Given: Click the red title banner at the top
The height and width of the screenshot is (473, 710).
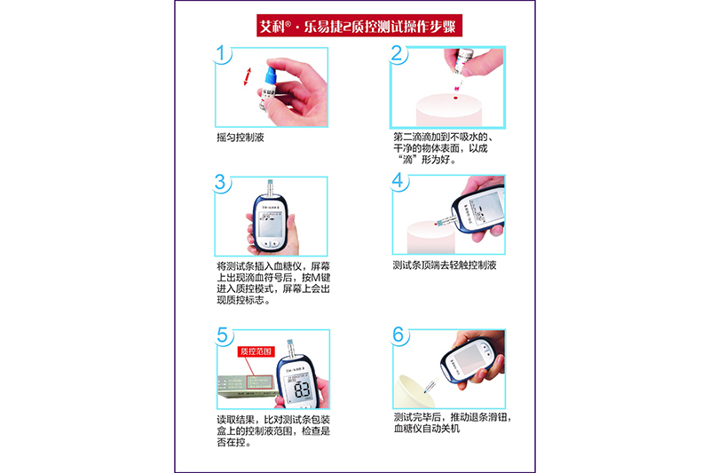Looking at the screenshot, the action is [x=359, y=26].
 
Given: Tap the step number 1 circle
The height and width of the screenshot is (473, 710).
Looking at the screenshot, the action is [x=221, y=54].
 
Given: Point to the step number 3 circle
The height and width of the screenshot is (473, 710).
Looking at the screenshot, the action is [x=220, y=183].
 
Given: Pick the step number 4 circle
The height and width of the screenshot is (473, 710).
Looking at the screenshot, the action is [x=398, y=181].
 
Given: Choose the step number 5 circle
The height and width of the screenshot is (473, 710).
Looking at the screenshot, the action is [x=224, y=335].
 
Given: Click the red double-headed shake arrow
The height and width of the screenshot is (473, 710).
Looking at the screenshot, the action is [x=247, y=76].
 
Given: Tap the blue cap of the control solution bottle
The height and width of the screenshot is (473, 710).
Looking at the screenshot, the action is [x=271, y=75].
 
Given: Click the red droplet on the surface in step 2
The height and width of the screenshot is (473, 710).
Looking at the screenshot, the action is [x=455, y=98].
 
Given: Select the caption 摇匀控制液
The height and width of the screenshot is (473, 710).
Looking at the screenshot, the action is [x=240, y=138].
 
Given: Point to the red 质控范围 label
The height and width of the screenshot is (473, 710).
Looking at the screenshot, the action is [x=256, y=351].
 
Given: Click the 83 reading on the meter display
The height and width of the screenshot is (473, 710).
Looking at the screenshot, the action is [x=302, y=389].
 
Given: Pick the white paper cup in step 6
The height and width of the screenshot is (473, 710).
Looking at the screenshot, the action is [x=414, y=391].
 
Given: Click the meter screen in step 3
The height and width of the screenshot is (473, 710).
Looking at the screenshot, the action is [x=270, y=224].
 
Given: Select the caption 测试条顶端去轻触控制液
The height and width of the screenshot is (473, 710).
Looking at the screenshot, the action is [x=445, y=265].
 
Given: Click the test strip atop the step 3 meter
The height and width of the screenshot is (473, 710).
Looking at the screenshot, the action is [x=271, y=188].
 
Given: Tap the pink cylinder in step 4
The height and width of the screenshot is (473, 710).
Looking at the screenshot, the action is [x=430, y=237].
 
